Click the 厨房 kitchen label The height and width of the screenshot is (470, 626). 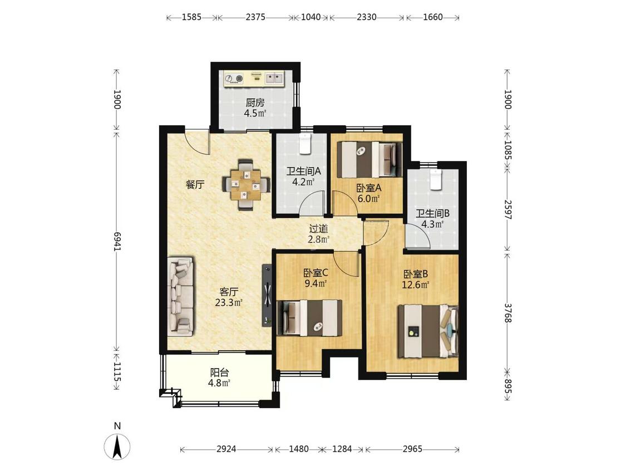pyautogui.click(x=255, y=102)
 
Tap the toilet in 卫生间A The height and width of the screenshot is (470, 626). pyautogui.click(x=305, y=144)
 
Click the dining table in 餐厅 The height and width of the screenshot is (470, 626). pyautogui.click(x=245, y=185)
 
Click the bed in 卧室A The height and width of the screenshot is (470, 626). pyautogui.click(x=369, y=159)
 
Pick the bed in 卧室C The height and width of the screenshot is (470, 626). pyautogui.click(x=310, y=318)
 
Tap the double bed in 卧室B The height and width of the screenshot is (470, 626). pyautogui.click(x=427, y=331)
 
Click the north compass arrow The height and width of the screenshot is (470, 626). pyautogui.click(x=117, y=446)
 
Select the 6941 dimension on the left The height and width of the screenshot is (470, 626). pyautogui.click(x=117, y=241)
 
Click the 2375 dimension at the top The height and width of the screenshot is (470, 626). pyautogui.click(x=255, y=17)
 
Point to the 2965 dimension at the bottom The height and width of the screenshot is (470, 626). pyautogui.click(x=412, y=449)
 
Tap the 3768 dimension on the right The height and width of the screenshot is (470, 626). pyautogui.click(x=507, y=313)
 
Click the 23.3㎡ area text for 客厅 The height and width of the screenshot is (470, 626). pyautogui.click(x=229, y=302)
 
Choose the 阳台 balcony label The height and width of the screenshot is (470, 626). pyautogui.click(x=220, y=373)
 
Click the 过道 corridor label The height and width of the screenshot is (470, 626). pyautogui.click(x=319, y=229)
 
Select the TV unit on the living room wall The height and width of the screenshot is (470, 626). pyautogui.click(x=267, y=295)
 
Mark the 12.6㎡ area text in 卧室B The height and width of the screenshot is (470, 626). pyautogui.click(x=416, y=285)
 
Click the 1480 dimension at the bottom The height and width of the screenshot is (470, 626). pyautogui.click(x=299, y=449)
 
